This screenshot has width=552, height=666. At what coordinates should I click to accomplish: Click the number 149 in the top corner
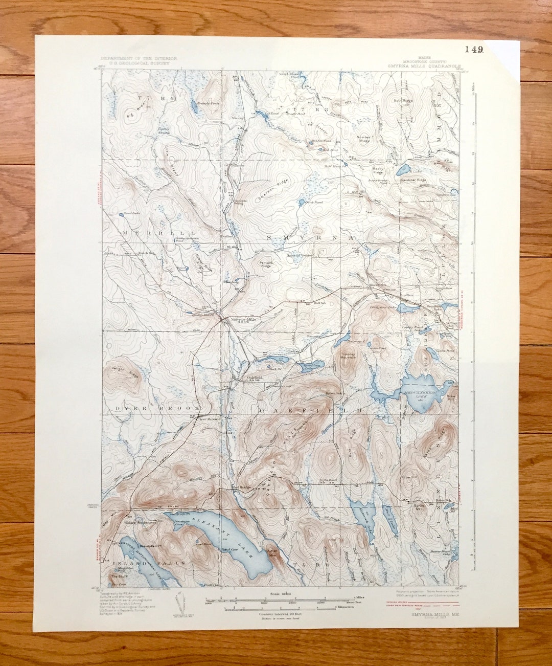(x=474, y=50)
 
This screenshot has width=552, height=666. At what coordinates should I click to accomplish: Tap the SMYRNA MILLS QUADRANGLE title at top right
(x=424, y=66)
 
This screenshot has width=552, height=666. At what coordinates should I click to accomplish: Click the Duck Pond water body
(x=302, y=202)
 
